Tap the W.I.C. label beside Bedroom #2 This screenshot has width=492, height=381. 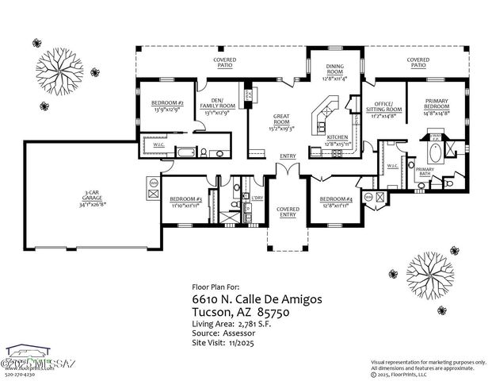(159, 145)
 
